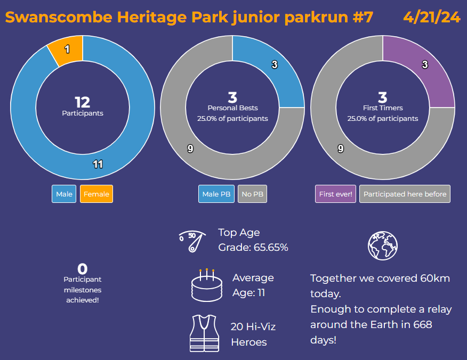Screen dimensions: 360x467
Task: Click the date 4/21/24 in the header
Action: pyautogui.click(x=431, y=17)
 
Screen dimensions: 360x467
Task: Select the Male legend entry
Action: pyautogui.click(x=64, y=194)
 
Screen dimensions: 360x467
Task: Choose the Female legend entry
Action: pyautogui.click(x=96, y=194)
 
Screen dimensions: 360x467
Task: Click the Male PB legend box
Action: pyautogui.click(x=217, y=194)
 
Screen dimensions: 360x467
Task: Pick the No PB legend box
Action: pyautogui.click(x=252, y=194)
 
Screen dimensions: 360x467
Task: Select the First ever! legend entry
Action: pyautogui.click(x=335, y=194)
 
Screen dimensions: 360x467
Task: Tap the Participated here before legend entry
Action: pyautogui.click(x=405, y=194)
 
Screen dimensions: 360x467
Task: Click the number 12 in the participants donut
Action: pyautogui.click(x=82, y=102)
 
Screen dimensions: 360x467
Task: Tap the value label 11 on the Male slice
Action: pyautogui.click(x=98, y=164)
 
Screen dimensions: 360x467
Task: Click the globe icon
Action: pyautogui.click(x=383, y=246)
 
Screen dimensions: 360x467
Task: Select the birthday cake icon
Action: pyautogui.click(x=206, y=285)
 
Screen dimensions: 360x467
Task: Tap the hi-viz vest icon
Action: pyautogui.click(x=204, y=333)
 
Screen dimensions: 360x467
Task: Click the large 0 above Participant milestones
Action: pyautogui.click(x=82, y=269)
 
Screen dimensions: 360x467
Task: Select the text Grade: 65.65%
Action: pyautogui.click(x=253, y=247)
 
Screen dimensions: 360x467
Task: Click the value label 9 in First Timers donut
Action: pyautogui.click(x=341, y=149)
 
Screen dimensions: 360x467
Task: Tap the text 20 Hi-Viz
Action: pyautogui.click(x=253, y=326)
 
